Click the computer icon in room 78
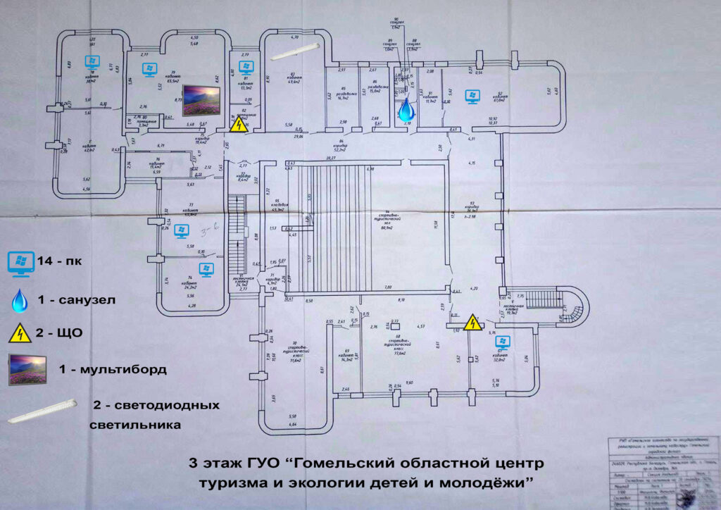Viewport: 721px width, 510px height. (x=91, y=61)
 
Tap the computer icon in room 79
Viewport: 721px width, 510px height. (x=149, y=69)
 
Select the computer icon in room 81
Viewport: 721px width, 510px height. (x=245, y=68)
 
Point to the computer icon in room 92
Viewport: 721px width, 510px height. (x=471, y=94)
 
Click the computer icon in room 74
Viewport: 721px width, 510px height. (x=206, y=269)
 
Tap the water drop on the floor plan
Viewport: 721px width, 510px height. (x=406, y=110)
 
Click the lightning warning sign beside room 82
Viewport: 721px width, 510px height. (x=239, y=125)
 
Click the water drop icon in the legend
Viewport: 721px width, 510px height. (x=19, y=300)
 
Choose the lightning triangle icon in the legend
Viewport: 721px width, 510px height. (x=20, y=332)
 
